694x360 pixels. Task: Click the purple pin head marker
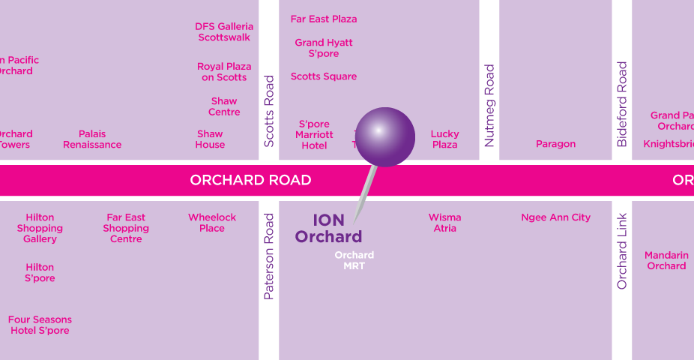(384, 136)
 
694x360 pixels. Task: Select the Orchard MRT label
(354, 260)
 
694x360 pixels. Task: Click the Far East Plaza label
(324, 19)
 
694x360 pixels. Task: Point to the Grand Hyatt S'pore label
(324, 48)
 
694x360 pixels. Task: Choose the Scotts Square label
(324, 76)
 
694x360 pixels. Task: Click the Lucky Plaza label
(444, 139)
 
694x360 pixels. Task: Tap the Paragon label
(555, 144)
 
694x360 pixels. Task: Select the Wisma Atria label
(444, 223)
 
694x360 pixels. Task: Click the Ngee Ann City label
(555, 217)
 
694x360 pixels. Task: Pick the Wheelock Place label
(212, 223)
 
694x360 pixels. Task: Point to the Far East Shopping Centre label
(126, 228)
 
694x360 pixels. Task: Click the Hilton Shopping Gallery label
(40, 228)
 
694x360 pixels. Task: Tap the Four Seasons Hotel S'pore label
(40, 325)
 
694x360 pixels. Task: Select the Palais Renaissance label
(92, 139)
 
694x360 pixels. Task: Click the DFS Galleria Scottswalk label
(224, 31)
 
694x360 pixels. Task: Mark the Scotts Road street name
(270, 111)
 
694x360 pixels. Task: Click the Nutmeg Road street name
(489, 106)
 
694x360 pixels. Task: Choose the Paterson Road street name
(270, 256)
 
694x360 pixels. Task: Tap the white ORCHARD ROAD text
(250, 180)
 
